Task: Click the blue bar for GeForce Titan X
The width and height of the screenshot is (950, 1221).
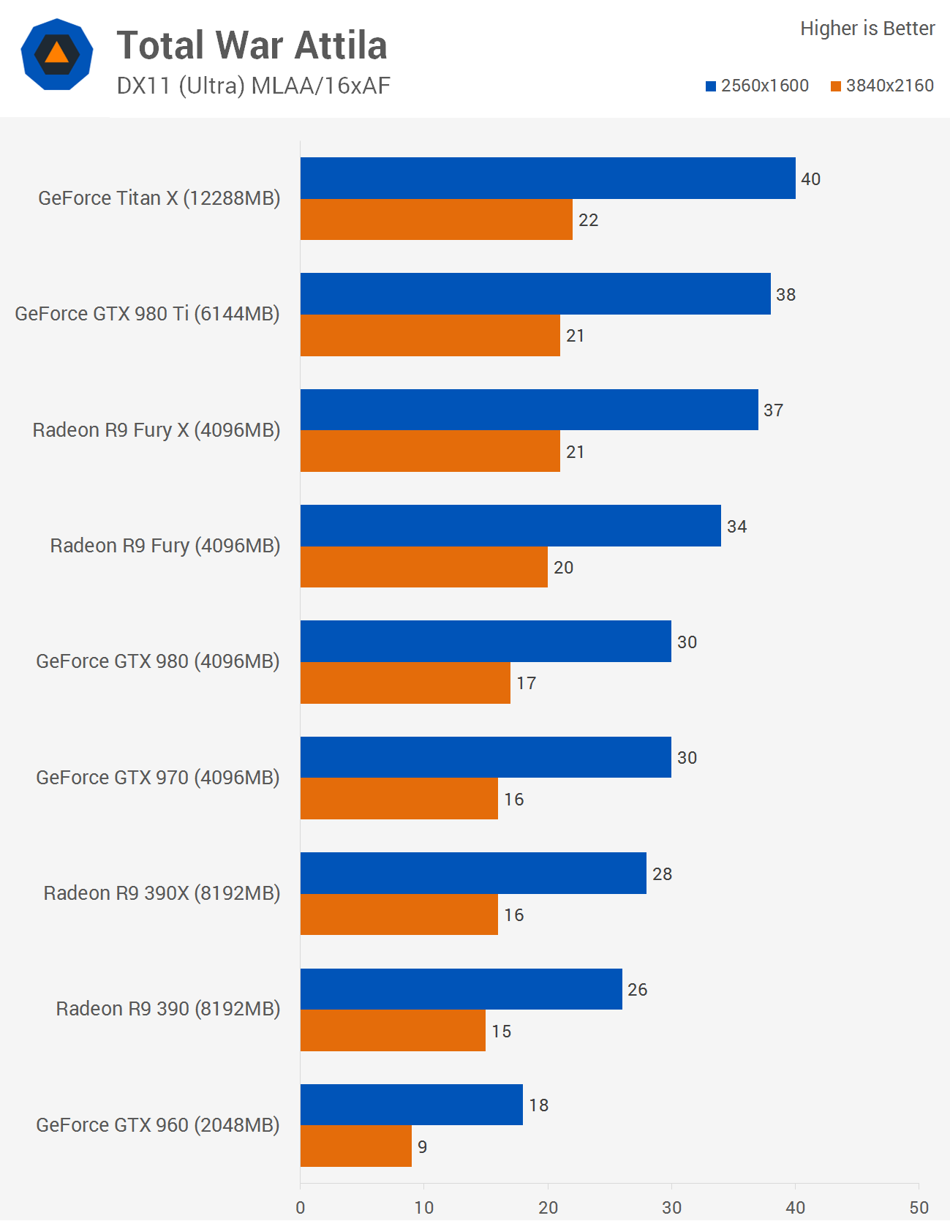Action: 548,178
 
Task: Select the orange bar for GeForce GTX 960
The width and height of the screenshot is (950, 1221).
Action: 356,1146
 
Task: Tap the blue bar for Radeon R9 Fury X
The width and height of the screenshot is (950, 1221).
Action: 529,410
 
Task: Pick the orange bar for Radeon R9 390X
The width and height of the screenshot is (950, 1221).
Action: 399,914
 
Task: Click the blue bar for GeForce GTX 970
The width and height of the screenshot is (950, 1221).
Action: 486,757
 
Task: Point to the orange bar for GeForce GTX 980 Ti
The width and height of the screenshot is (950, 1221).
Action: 430,335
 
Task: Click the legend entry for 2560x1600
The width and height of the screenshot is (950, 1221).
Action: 757,86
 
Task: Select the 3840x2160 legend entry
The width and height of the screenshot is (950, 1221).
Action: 882,86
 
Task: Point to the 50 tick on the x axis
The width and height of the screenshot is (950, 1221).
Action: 919,1207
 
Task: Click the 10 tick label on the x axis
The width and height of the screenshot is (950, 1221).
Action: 424,1207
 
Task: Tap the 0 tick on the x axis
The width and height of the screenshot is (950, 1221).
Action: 301,1207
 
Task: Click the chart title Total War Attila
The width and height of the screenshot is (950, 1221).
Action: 252,45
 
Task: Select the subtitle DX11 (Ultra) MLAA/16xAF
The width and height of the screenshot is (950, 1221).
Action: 253,86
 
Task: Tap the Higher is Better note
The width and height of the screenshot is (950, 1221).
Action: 867,29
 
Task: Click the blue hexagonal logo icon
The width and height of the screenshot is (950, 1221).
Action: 57,54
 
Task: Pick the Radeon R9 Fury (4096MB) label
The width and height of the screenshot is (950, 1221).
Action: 165,546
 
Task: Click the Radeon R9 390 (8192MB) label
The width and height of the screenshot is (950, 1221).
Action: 168,1009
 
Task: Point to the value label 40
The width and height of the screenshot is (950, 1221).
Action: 810,179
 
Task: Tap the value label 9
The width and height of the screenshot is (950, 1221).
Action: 422,1146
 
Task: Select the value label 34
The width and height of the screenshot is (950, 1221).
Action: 736,527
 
